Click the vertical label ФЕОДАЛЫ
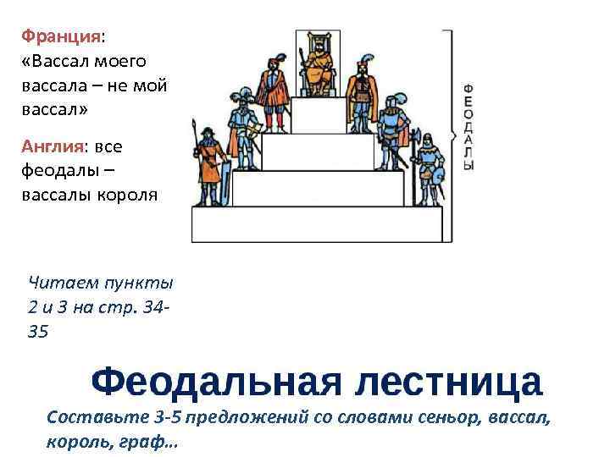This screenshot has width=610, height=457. (x=469, y=127)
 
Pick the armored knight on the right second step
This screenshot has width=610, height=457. (x=391, y=131)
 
